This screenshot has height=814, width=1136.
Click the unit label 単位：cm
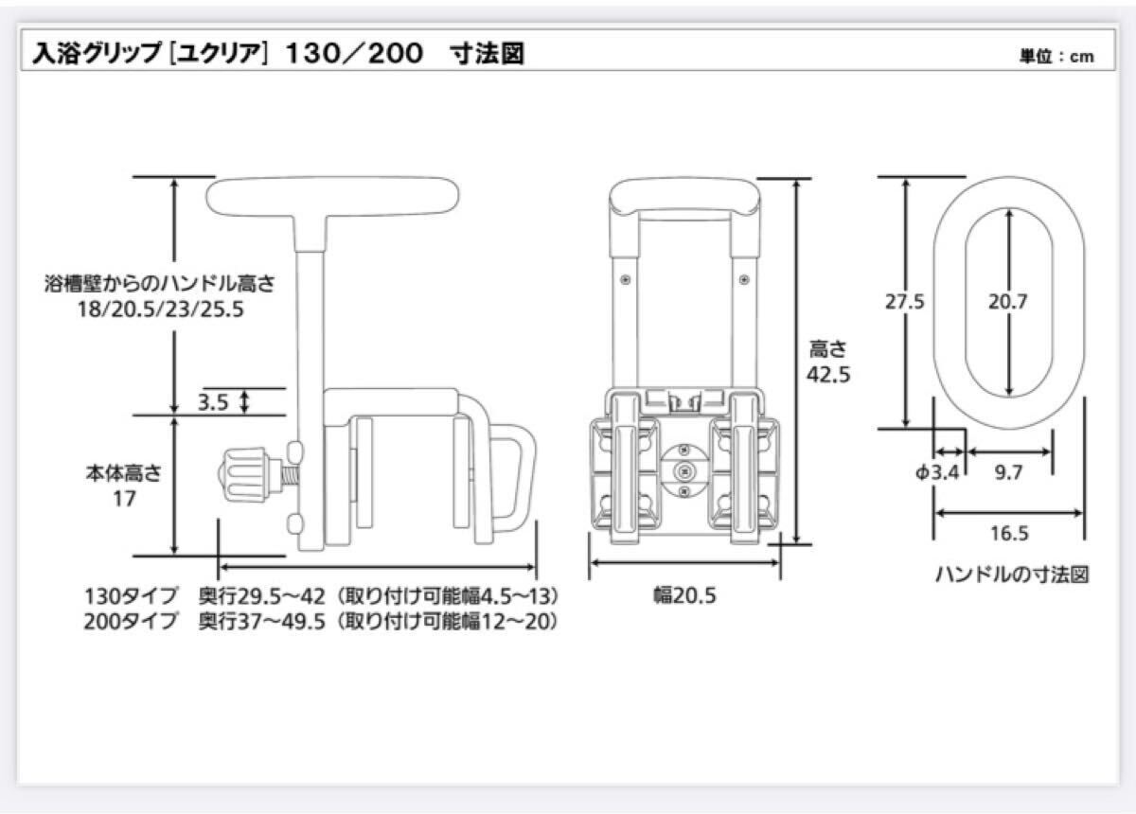coord(1056,56)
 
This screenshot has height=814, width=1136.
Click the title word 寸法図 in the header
coord(487,54)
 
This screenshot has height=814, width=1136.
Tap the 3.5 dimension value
coord(213,402)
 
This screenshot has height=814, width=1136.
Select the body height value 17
coord(124,499)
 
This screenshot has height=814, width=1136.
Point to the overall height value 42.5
coord(828,375)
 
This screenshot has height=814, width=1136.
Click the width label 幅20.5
coord(684,595)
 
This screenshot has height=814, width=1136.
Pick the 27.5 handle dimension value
coord(905,302)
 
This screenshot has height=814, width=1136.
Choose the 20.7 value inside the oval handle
coord(1007,302)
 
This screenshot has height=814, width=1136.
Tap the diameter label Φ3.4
coord(937,472)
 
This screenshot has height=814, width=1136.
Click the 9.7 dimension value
coord(1008,472)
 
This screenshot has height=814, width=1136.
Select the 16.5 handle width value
coord(1009,534)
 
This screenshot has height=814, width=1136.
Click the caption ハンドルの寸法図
coord(1012,575)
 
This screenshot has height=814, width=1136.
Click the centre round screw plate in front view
coord(683,471)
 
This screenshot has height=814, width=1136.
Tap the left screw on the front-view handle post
coord(626,279)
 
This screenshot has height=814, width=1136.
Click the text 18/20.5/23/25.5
coord(160,309)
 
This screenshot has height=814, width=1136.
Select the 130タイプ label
coord(131,596)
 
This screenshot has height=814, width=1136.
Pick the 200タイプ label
coord(131,622)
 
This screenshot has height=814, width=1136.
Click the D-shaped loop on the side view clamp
coord(513,476)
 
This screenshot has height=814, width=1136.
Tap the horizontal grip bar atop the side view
coord(332,196)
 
